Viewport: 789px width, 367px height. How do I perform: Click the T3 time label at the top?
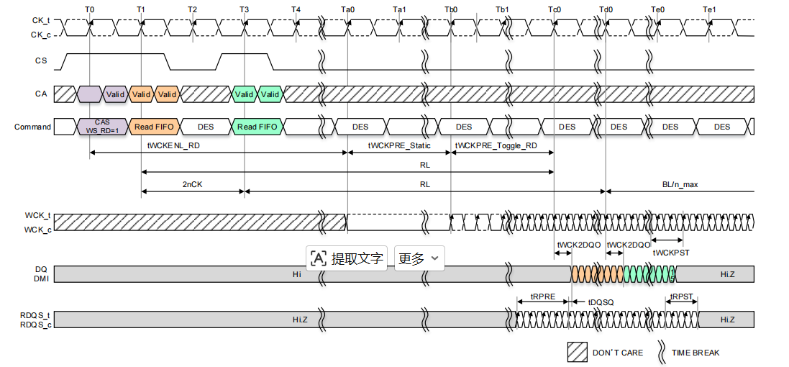coord(244,9)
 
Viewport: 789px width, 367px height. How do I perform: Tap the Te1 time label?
coord(709,9)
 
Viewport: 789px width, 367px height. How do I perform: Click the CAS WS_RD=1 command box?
coord(102,127)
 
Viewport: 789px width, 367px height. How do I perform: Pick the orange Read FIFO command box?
coord(155,127)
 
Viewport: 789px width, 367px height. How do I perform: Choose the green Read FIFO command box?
coord(257,127)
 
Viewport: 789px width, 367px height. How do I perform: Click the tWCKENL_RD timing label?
coord(170,145)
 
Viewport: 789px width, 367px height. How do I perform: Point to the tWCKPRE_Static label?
coord(399,145)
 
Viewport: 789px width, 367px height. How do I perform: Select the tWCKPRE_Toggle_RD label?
coord(496,145)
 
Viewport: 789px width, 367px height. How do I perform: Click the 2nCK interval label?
coord(193,184)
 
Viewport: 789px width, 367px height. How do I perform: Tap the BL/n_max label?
coord(680,184)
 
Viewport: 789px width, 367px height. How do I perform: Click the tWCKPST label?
coord(671,253)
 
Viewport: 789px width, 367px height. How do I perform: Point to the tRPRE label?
coord(543,296)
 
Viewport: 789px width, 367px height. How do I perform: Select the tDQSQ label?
coord(601,302)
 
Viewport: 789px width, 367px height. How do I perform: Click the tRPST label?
coord(682,296)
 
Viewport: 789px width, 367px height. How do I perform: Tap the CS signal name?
coord(41,61)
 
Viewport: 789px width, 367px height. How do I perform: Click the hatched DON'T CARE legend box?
coord(577,353)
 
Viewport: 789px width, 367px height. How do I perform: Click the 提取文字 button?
coord(347,258)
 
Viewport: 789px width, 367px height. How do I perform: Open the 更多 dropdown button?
coord(419,258)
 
